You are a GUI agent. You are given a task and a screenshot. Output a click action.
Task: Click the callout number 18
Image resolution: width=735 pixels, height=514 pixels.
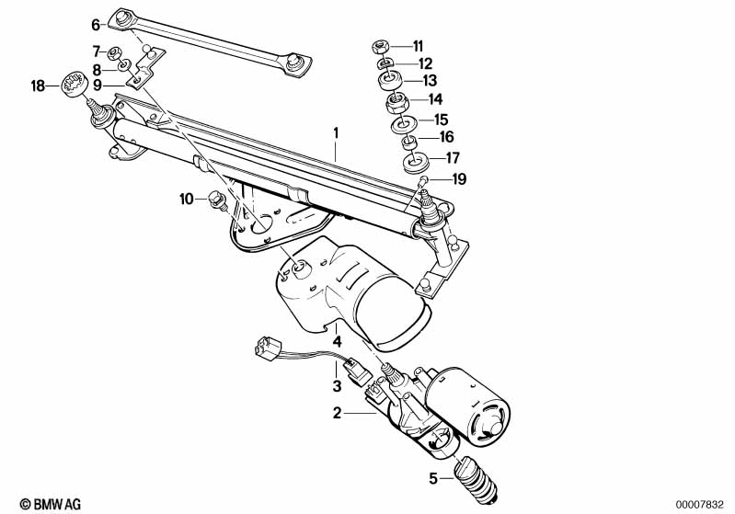(x=38, y=86)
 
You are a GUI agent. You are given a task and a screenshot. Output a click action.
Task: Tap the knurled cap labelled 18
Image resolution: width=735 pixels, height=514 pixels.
(x=75, y=85)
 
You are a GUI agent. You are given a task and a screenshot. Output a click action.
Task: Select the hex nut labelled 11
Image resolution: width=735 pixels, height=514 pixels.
(x=379, y=46)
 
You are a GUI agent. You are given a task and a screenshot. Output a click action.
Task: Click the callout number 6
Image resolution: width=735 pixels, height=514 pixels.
(x=96, y=25)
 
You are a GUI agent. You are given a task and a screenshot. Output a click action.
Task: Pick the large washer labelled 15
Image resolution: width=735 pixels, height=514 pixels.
(x=404, y=125)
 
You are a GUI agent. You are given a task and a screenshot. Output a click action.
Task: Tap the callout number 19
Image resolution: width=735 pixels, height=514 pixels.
(x=459, y=179)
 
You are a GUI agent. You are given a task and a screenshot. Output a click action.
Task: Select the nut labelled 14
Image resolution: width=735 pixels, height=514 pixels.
(x=397, y=102)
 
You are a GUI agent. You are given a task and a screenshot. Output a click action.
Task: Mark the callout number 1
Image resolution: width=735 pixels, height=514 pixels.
(x=336, y=133)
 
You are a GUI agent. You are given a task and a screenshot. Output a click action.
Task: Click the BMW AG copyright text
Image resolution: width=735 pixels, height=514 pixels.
(x=51, y=504)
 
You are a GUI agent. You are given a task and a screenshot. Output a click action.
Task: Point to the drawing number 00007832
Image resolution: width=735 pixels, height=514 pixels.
(x=700, y=505)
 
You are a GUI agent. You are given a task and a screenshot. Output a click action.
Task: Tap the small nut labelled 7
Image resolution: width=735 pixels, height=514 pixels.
(x=114, y=52)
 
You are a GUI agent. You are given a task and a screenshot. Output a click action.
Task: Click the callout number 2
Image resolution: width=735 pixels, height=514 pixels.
(x=337, y=413)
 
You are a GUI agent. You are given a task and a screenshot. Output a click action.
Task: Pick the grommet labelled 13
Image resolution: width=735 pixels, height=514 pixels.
(x=389, y=81)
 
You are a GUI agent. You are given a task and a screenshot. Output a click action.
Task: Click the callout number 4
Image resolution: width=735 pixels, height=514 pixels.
(x=337, y=341)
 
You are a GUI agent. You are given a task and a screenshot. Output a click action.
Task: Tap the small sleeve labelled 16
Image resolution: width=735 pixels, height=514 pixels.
(x=409, y=140)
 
